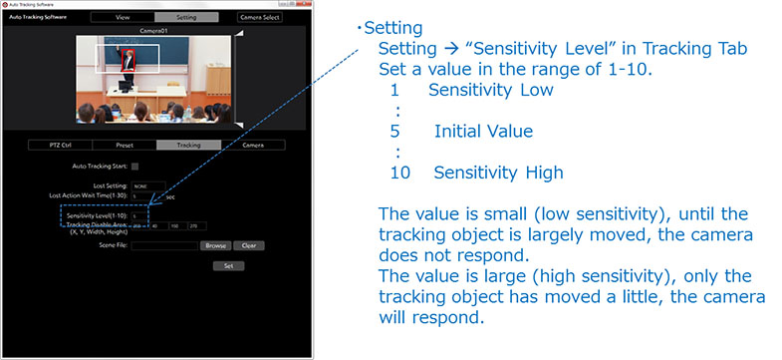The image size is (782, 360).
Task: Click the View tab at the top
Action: point(123,17)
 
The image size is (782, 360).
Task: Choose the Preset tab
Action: point(125,145)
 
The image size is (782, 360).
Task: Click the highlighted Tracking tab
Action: point(188,145)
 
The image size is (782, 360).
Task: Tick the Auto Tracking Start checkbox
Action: point(135,166)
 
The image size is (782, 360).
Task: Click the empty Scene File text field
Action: point(164,244)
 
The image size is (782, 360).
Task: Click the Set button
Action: point(228,266)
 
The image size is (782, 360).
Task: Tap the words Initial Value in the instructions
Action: point(483,131)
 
